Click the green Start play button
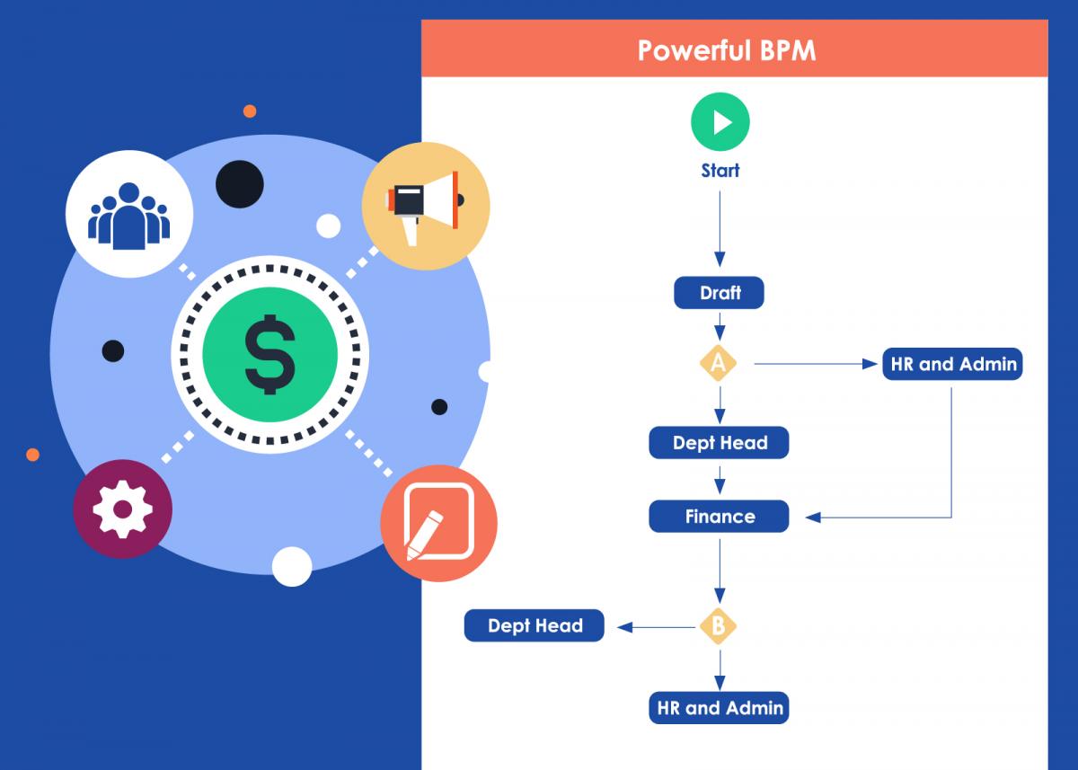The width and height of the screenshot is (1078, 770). (720, 121)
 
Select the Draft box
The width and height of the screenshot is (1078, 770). (719, 293)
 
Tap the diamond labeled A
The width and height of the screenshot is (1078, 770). (719, 364)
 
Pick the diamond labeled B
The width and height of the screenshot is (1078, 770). (719, 626)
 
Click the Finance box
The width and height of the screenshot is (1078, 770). (719, 517)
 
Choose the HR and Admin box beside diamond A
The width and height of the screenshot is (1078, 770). (952, 364)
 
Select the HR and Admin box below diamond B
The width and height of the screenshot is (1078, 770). (719, 708)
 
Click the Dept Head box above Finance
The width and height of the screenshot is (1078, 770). (719, 442)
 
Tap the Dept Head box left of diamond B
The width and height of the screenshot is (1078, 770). (535, 625)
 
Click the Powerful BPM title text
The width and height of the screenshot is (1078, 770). (727, 49)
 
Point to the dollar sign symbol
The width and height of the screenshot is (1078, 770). (269, 356)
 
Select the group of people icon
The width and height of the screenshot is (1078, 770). (129, 214)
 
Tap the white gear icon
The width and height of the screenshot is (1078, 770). (122, 509)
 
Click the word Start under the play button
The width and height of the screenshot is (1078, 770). (720, 171)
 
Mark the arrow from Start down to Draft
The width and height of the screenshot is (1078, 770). (720, 225)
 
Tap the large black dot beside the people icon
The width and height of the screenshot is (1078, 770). (240, 183)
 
